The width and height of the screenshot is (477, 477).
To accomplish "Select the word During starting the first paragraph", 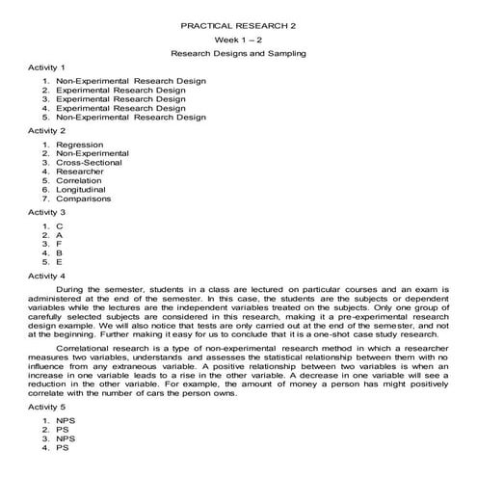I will click(75, 289).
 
